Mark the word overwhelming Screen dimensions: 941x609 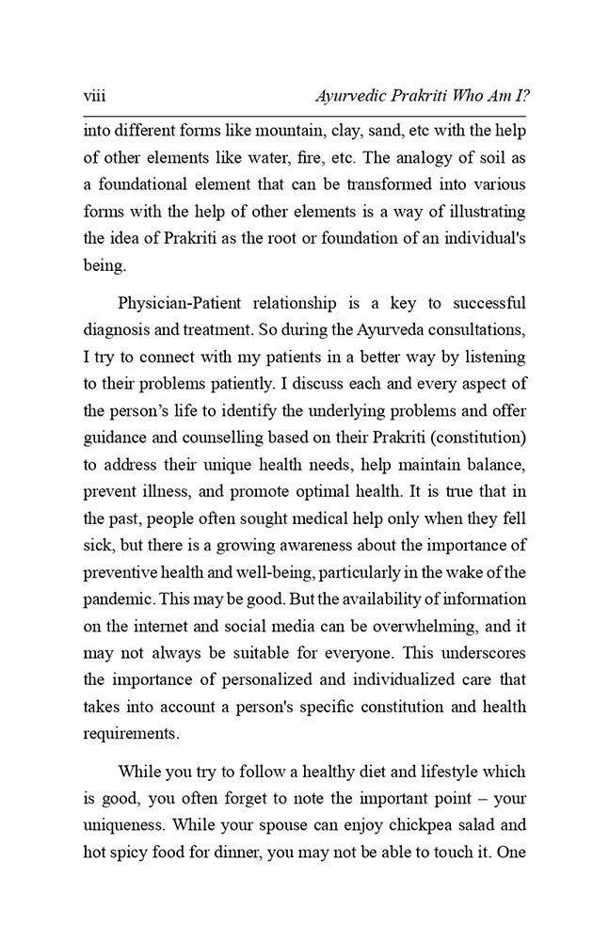(x=423, y=625)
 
